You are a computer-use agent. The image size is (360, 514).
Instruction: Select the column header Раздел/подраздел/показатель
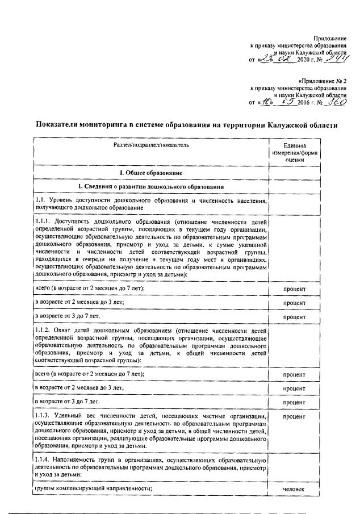pyautogui.click(x=150, y=146)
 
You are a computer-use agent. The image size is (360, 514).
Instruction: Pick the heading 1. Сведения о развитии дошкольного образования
pyautogui.click(x=150, y=187)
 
